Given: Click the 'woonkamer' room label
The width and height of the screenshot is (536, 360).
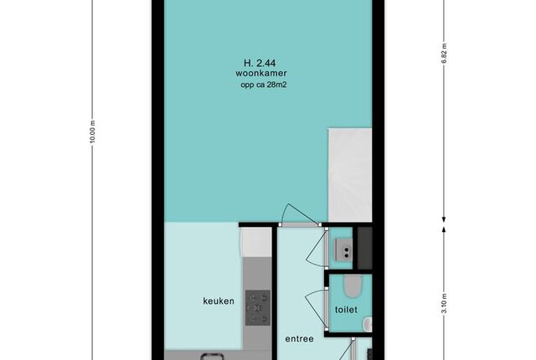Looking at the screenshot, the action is (260, 73).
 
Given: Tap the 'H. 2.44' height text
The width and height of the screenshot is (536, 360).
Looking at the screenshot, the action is (260, 63).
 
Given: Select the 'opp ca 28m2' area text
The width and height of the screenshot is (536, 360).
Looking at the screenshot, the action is (264, 85).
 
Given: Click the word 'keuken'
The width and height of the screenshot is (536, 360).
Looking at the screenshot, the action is (219, 301).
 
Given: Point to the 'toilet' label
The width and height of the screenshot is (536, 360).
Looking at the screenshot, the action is (346, 310).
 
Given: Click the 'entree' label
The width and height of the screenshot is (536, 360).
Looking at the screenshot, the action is (300, 339).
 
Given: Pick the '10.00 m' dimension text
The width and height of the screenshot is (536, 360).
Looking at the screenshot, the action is (92, 132).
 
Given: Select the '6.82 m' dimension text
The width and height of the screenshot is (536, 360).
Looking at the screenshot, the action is (444, 54).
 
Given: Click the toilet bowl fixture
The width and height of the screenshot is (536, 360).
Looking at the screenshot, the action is (353, 286).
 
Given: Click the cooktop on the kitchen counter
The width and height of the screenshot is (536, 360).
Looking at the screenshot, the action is (258, 308).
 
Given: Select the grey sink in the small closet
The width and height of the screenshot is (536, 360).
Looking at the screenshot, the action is (343, 249).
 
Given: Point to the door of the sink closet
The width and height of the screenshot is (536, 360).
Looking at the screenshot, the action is (317, 247).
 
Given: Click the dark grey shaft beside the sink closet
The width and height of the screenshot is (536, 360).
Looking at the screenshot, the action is (364, 248).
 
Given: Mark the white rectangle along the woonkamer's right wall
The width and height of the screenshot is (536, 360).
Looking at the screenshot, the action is (350, 175).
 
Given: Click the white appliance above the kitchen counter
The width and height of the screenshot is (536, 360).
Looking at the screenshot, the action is (256, 243).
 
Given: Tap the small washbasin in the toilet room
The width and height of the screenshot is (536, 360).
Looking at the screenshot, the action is (368, 324).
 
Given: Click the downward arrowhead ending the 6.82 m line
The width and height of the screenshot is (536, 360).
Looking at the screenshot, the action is (444, 219).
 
